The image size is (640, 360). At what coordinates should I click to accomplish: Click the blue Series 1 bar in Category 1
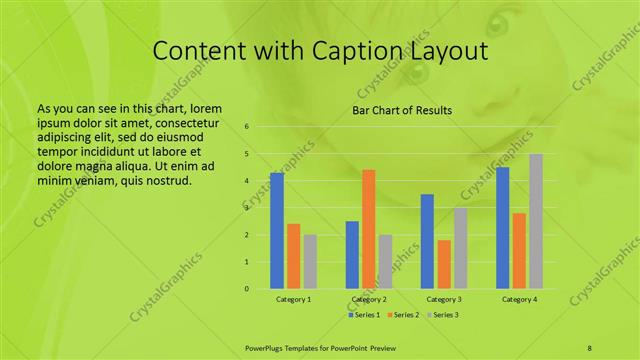277,231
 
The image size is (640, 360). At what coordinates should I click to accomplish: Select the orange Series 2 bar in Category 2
368,229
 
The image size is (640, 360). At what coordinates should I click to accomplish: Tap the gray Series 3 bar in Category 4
536,221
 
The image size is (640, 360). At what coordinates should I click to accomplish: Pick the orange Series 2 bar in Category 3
444,264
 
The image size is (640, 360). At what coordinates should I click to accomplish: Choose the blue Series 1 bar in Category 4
502,228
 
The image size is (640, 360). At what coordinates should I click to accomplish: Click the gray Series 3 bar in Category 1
310,262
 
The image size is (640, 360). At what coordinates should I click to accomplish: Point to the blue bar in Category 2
352,255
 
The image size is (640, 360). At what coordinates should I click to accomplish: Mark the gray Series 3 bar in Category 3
460,248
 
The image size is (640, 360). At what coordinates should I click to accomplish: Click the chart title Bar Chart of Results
402,110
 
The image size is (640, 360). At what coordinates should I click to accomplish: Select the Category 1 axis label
293,299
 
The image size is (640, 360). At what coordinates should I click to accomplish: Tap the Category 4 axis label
518,299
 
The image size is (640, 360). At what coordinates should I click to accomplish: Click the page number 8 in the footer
590,347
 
